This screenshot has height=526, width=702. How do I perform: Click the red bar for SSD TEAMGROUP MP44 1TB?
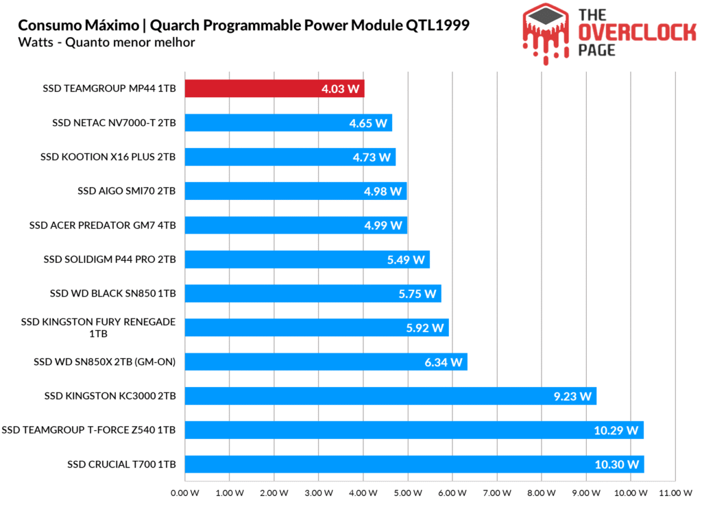(x=274, y=89)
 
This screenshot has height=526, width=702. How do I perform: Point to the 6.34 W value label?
(x=444, y=362)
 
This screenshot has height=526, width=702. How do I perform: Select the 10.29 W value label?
(x=616, y=431)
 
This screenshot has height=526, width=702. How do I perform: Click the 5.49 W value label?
(x=405, y=260)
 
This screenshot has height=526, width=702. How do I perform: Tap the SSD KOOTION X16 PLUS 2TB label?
(x=108, y=157)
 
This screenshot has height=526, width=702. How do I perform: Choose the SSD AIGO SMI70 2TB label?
(x=127, y=191)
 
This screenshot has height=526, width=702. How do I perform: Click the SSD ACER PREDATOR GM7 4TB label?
(x=103, y=225)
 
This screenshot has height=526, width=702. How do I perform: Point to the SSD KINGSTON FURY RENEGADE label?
(x=99, y=322)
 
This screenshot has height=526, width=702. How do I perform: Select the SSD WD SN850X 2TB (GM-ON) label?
(x=105, y=362)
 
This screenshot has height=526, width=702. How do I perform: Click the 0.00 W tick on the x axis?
(x=184, y=492)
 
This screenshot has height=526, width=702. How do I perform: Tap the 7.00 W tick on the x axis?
(x=497, y=492)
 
